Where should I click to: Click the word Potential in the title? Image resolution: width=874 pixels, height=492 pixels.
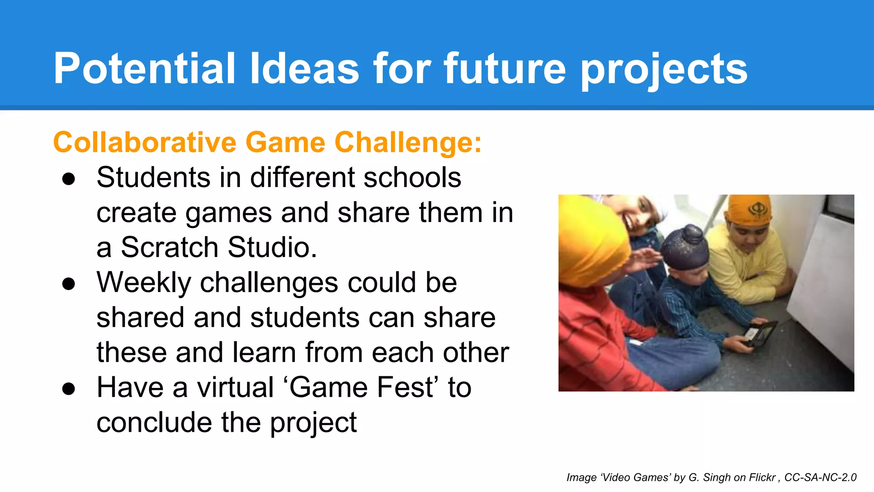(144, 68)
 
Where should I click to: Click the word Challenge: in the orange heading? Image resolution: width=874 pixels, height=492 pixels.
(408, 143)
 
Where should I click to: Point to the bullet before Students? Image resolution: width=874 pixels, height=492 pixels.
(68, 179)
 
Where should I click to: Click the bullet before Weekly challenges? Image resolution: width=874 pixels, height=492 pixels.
(68, 284)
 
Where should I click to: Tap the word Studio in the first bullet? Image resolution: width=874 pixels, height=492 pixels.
(271, 247)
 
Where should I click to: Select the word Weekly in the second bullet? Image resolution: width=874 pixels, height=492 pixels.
(144, 283)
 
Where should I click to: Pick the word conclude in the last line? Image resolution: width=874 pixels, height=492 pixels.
(154, 422)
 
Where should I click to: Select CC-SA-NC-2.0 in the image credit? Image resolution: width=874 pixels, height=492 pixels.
(820, 477)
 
